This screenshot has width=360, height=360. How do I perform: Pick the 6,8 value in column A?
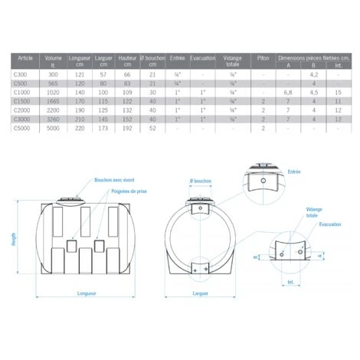287,91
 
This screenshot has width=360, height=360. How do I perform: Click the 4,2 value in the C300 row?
313,74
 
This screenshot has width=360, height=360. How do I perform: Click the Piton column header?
263,57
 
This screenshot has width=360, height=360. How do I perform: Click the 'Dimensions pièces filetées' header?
313,57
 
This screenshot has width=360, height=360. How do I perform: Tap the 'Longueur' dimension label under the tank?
87,293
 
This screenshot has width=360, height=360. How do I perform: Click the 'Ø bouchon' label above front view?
200,182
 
